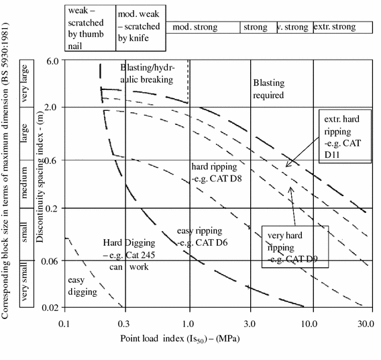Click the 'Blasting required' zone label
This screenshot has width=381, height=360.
click(x=268, y=89)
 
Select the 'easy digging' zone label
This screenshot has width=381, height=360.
click(x=83, y=285)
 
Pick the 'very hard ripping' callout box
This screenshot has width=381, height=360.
click(x=294, y=244)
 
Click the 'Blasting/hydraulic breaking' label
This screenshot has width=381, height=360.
click(x=147, y=73)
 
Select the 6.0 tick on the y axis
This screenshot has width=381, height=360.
click(x=52, y=60)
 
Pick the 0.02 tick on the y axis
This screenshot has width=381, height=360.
click(x=50, y=308)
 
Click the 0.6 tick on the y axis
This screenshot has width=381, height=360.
click(x=52, y=160)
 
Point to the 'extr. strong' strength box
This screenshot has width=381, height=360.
click(x=342, y=28)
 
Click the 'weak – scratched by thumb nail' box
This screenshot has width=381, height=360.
click(x=91, y=28)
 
